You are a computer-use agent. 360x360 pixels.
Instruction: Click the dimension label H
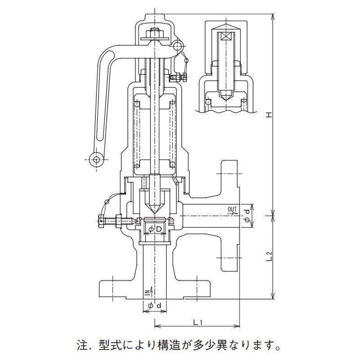269,115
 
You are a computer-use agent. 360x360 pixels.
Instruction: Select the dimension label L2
269,257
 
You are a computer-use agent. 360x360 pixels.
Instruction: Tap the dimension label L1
198,322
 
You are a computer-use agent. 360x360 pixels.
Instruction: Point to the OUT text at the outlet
232,210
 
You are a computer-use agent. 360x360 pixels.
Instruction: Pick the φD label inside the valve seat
154,230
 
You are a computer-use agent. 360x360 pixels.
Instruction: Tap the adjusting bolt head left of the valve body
101,220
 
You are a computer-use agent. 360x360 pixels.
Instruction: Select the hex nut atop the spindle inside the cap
154,33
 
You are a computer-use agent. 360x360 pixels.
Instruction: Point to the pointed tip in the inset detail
225,96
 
